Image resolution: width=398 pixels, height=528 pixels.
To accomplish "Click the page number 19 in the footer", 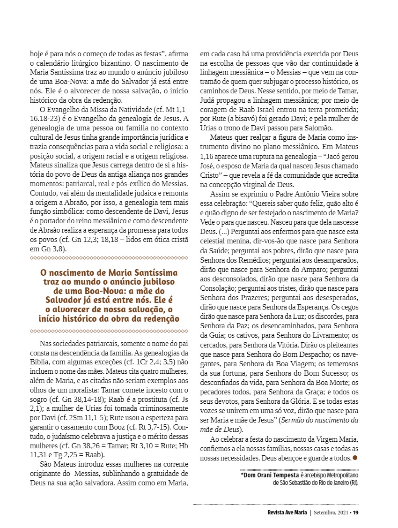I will click(x=356, y=512).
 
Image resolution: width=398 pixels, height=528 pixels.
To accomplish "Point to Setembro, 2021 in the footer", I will click(x=330, y=512).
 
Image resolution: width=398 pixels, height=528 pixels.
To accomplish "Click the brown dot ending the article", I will click(x=355, y=457).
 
